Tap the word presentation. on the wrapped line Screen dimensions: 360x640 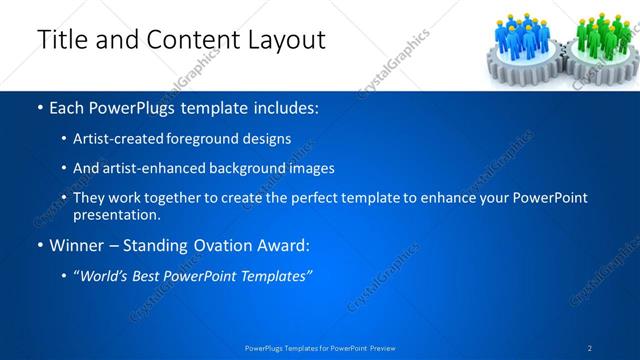pos(116,214)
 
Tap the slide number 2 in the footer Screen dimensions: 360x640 pos(590,347)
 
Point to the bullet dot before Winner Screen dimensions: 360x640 pos(39,244)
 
